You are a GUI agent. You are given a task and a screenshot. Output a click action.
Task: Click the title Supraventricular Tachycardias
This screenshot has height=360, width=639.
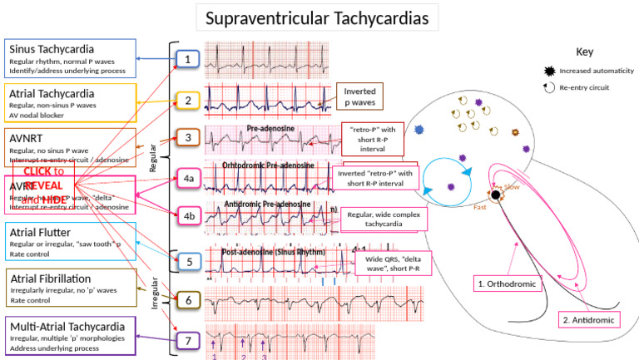click(x=318, y=17)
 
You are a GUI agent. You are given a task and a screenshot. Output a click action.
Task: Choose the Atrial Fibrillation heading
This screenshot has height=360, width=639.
click(x=49, y=279)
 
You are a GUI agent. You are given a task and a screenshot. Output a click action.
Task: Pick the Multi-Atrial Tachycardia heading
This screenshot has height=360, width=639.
click(x=67, y=325)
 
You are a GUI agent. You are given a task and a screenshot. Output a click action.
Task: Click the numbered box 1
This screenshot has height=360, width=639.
click(x=188, y=59)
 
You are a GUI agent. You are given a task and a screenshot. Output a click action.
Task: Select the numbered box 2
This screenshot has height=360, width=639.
click(x=188, y=101)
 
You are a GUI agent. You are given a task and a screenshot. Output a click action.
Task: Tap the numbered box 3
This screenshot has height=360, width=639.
click(x=188, y=137)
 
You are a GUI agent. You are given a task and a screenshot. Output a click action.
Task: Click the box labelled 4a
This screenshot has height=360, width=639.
click(x=188, y=177)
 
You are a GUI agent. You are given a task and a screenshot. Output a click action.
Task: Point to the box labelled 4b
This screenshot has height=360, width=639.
click(x=188, y=215)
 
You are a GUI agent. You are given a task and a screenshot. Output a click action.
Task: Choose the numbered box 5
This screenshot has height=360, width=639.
click(x=188, y=261)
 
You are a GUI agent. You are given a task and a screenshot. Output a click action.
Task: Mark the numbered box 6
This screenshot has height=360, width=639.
click(x=188, y=299)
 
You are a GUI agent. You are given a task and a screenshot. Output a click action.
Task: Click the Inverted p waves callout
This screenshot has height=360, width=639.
click(x=359, y=97)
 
